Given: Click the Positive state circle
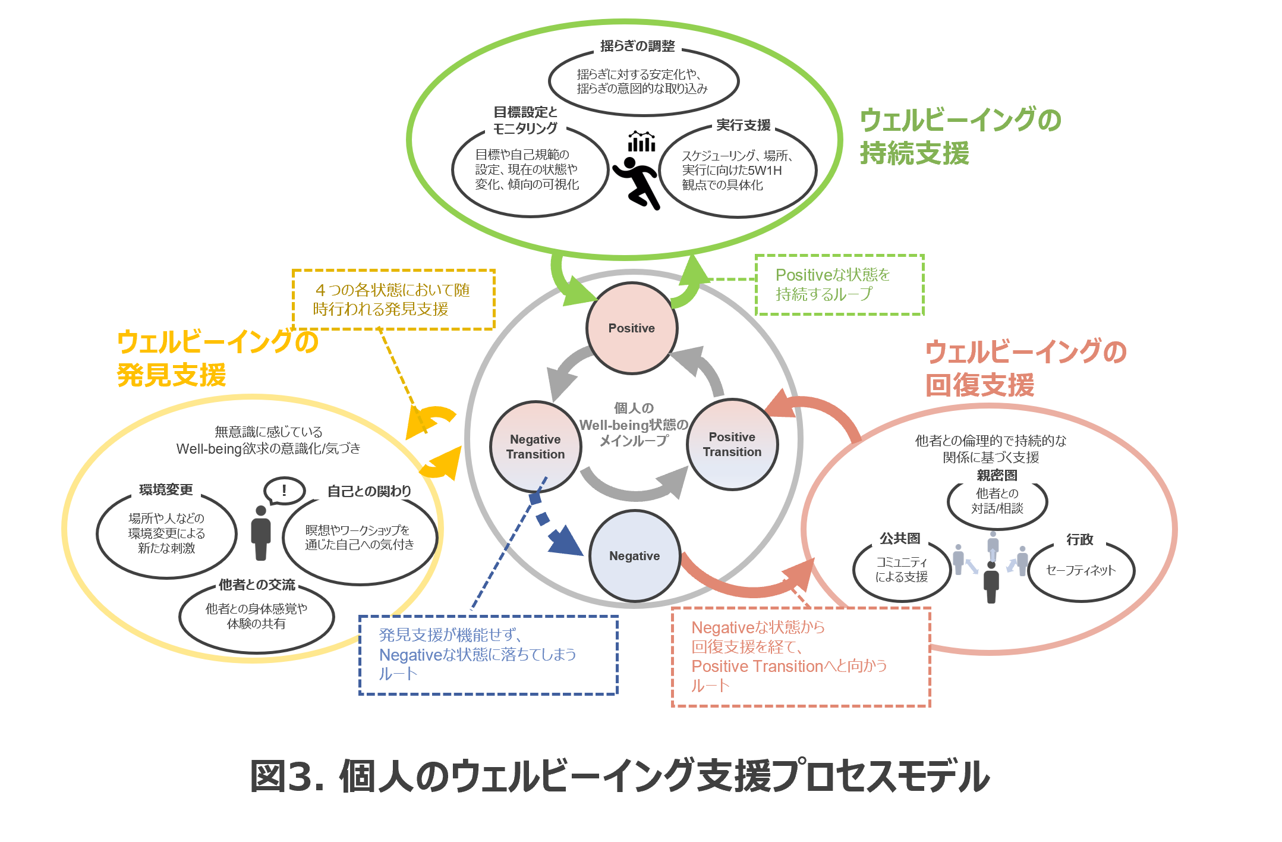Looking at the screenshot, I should pyautogui.click(x=632, y=328).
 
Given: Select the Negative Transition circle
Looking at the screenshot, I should pyautogui.click(x=536, y=447).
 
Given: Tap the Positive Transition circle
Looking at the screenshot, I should pyautogui.click(x=732, y=444).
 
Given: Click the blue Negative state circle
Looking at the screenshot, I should pyautogui.click(x=634, y=556).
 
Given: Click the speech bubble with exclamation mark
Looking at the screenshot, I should pyautogui.click(x=284, y=491).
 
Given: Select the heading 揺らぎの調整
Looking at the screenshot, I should pyautogui.click(x=637, y=46).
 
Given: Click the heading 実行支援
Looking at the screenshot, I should pyautogui.click(x=743, y=125).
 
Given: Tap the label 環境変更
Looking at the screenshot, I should pyautogui.click(x=166, y=489).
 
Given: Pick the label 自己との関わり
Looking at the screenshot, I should pyautogui.click(x=369, y=491).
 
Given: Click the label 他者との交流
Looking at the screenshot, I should pyautogui.click(x=257, y=585).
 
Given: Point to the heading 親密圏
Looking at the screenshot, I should pyautogui.click(x=997, y=475).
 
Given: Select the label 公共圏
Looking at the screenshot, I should pyautogui.click(x=900, y=539).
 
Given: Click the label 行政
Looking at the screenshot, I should pyautogui.click(x=1079, y=539).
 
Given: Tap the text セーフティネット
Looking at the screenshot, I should pyautogui.click(x=1081, y=570).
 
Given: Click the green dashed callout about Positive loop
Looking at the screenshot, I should pyautogui.click(x=839, y=285).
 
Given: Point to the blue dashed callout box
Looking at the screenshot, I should pyautogui.click(x=488, y=655).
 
